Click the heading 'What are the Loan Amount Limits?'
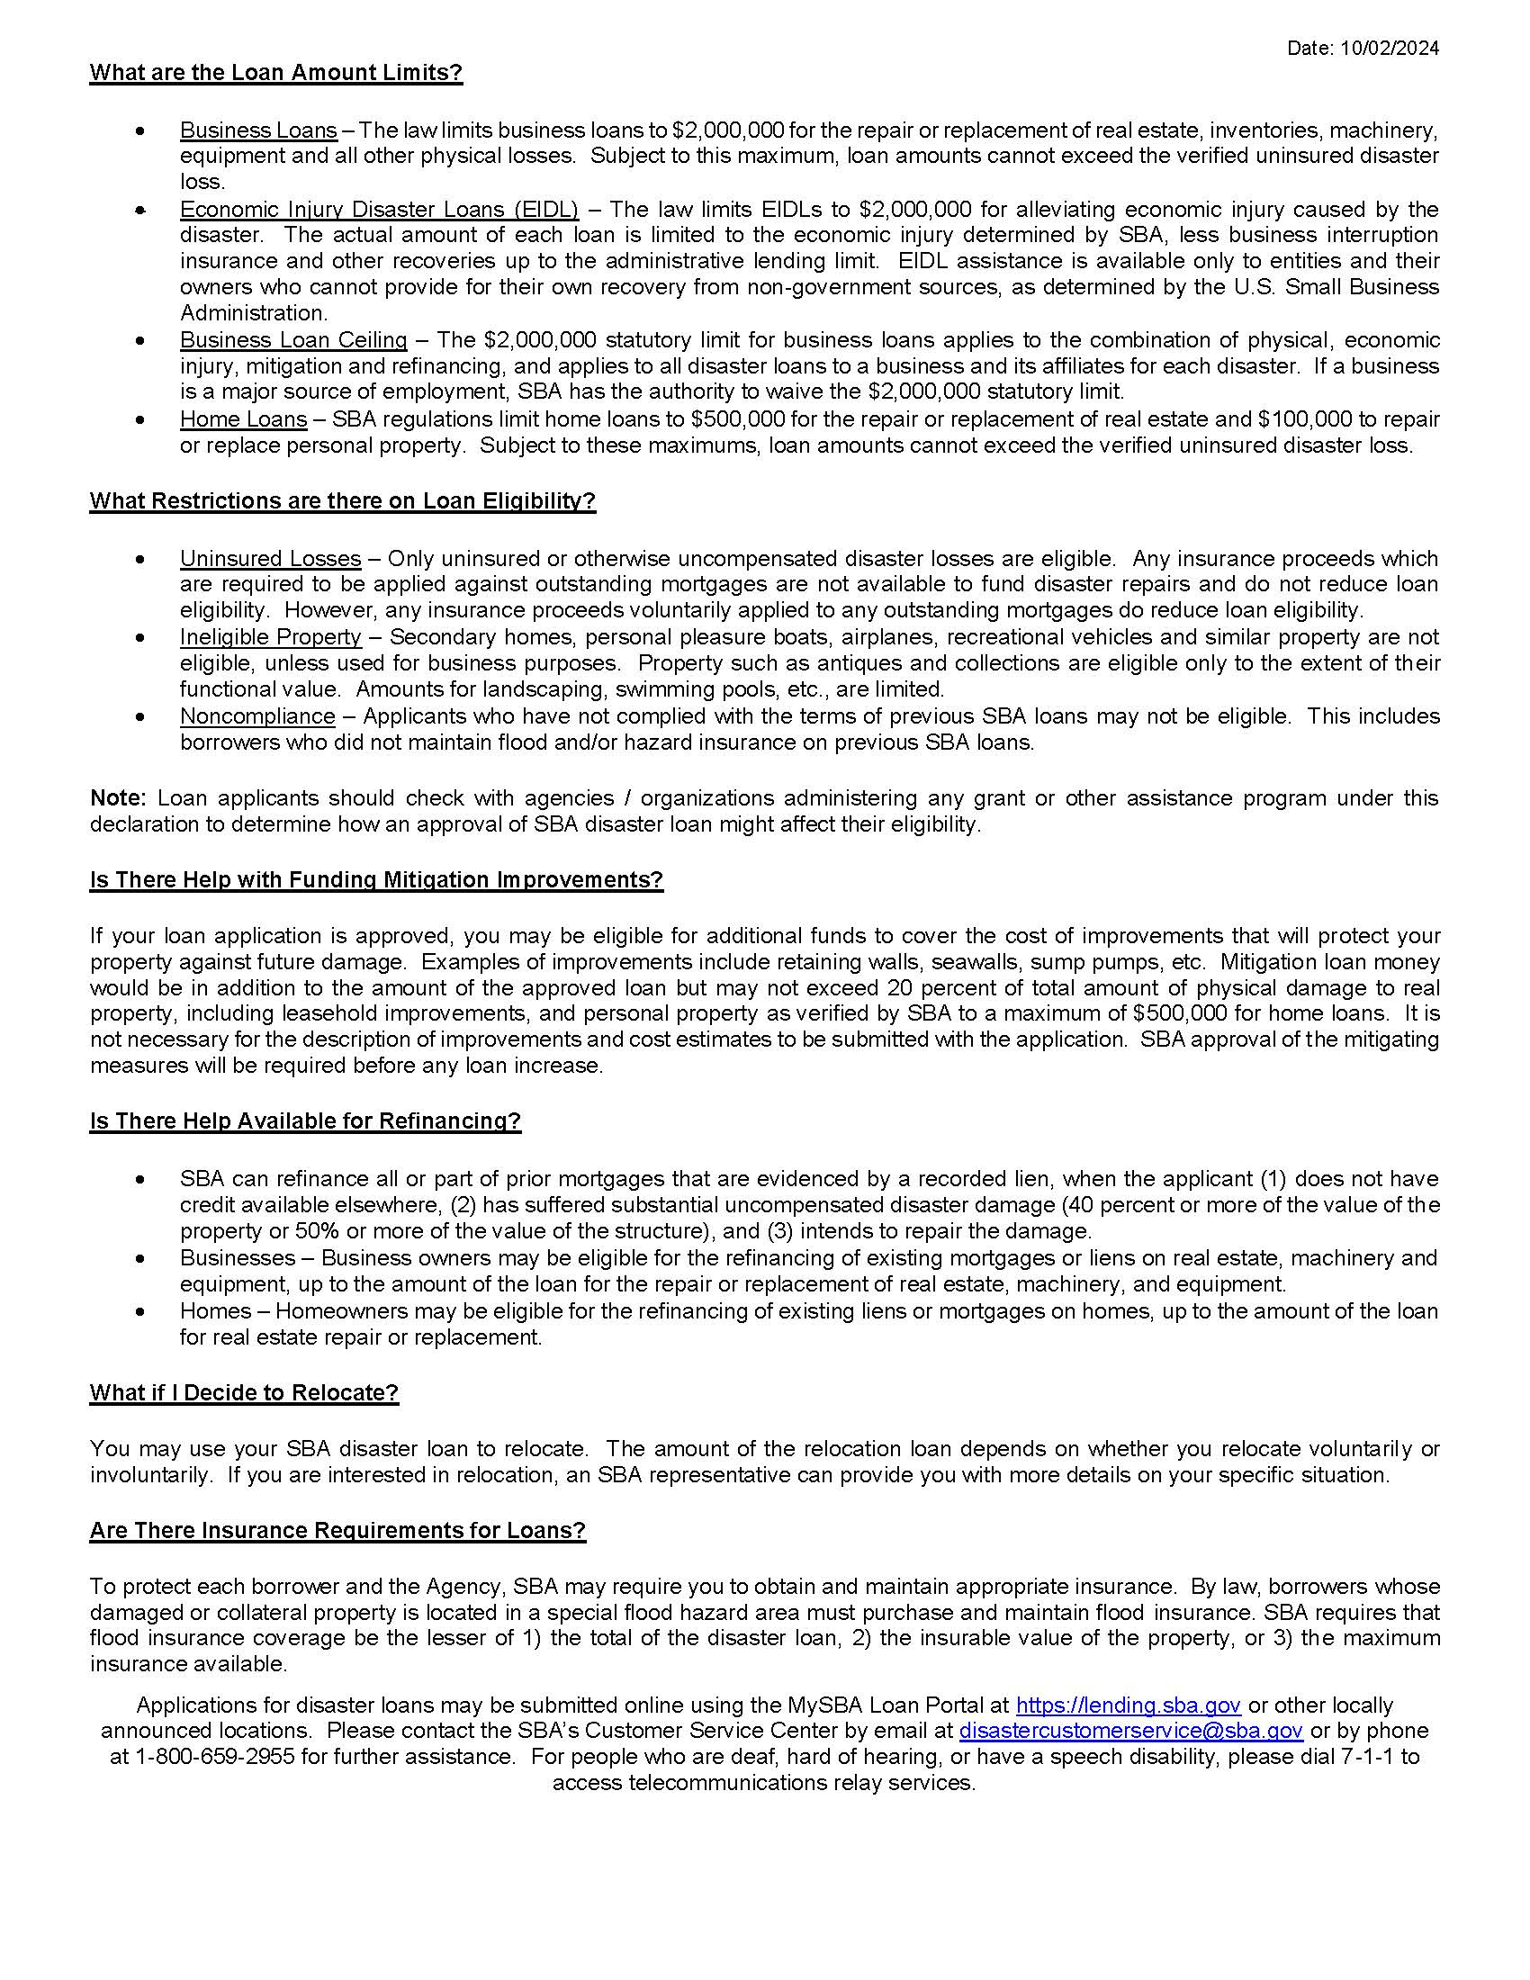(275, 74)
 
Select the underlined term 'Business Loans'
(258, 130)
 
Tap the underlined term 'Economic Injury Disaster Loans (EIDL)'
(379, 210)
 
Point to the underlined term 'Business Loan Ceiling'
(293, 340)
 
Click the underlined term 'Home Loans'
(243, 418)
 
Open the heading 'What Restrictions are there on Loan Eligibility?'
(343, 501)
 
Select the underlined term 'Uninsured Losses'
(270, 559)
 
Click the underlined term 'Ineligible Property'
(270, 637)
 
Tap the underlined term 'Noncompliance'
(257, 716)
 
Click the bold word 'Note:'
(118, 797)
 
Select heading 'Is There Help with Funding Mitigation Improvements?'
(376, 880)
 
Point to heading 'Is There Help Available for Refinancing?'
(304, 1121)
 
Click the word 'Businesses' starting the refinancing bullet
(238, 1258)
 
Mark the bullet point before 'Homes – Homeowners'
(139, 1312)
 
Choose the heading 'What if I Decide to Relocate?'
(244, 1393)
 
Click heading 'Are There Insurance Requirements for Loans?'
(337, 1531)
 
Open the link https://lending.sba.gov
(1129, 1706)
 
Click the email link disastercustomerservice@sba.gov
(1131, 1732)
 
